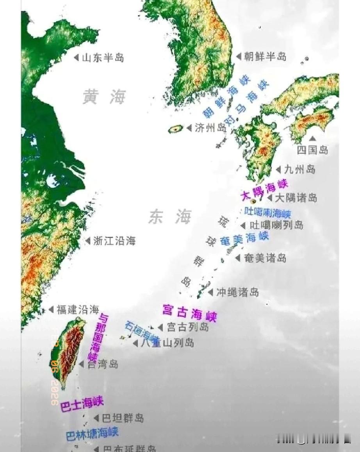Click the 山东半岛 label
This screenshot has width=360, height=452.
tap(103, 58)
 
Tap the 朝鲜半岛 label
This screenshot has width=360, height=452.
tap(265, 57)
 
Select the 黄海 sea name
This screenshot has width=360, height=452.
tap(104, 96)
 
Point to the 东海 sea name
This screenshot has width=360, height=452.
tap(170, 217)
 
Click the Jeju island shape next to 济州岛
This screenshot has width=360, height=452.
tap(176, 129)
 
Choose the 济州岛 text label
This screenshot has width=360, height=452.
tap(210, 128)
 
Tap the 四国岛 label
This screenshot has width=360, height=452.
tap(312, 150)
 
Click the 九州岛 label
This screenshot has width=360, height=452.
tap(299, 169)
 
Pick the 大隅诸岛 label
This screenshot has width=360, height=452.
tap(296, 198)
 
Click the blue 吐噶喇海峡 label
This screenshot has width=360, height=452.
tap(268, 213)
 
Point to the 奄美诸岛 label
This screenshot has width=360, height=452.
tap(265, 258)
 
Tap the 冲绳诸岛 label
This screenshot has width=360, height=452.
tap(238, 292)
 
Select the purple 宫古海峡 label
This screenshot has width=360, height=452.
tap(189, 313)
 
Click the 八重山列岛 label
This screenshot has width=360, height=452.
tap(168, 343)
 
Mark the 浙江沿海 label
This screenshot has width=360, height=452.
tap(114, 241)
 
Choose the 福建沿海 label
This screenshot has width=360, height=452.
tap(78, 310)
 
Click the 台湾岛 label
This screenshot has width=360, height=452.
tap(102, 364)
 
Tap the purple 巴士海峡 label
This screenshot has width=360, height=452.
tap(82, 404)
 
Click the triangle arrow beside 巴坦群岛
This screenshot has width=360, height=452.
tap(96, 418)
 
